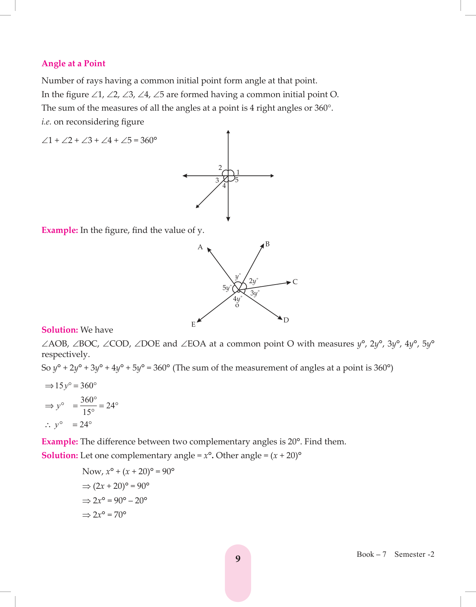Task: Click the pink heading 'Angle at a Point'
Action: pos(74,64)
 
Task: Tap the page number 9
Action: pos(238,559)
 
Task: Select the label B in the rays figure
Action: pos(267,244)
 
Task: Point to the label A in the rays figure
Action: pos(200,247)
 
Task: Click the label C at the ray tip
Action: pos(295,282)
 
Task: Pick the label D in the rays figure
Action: pos(286,320)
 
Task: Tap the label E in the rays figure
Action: pos(193,324)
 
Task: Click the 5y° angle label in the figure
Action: pos(227,288)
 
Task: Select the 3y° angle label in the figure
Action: pos(255,293)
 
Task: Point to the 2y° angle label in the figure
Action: pos(253,281)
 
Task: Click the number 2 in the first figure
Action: pos(220,168)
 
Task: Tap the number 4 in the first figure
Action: pos(224,186)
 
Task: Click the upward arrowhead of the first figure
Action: pos(228,132)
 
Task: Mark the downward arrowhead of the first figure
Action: pos(228,219)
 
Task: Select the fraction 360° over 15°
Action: pos(88,406)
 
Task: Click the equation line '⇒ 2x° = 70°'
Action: pos(104,515)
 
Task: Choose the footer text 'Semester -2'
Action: pos(414,554)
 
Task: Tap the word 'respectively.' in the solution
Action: pos(66,354)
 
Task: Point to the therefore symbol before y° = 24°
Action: pos(48,425)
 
